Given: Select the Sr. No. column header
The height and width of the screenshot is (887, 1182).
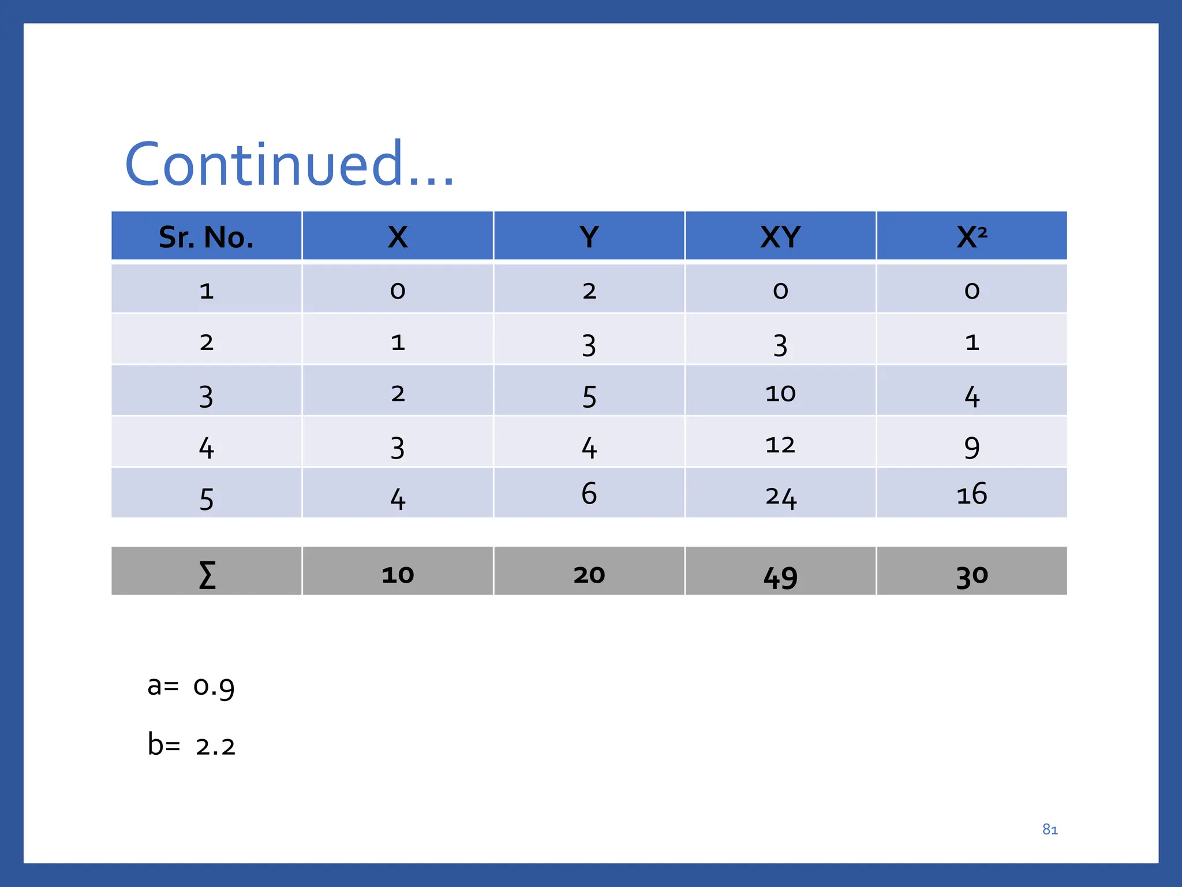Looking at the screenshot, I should click(x=206, y=237).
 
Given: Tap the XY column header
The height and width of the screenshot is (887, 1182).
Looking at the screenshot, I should click(x=780, y=237).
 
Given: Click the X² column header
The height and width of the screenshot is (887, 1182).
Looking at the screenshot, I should click(x=972, y=237).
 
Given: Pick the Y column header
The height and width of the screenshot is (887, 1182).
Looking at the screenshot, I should click(x=589, y=237).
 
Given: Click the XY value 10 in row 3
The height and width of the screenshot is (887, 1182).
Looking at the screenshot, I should click(x=780, y=394).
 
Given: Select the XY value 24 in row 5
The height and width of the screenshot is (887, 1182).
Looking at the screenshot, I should click(x=780, y=497).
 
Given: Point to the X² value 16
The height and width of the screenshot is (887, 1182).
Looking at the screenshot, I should click(x=972, y=494).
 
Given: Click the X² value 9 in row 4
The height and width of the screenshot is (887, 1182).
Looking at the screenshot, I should click(x=972, y=447).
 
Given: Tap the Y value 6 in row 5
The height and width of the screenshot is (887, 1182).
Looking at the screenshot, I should click(x=589, y=493).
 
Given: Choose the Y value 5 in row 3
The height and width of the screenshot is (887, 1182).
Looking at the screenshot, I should click(x=589, y=396).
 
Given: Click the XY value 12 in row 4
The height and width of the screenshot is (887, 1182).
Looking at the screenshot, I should click(x=780, y=445).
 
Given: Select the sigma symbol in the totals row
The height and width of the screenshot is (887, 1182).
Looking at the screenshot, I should click(x=207, y=575).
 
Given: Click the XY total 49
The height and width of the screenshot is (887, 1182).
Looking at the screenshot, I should click(x=780, y=576).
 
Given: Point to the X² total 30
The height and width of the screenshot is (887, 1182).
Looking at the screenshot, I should click(x=972, y=576).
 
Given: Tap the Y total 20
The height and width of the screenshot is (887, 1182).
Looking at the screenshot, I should click(x=589, y=575).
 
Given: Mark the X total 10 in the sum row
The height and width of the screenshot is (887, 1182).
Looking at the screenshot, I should click(x=398, y=575).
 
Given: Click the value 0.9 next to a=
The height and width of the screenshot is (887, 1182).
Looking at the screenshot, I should click(x=214, y=687).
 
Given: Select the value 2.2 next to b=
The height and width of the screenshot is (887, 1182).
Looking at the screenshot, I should click(x=215, y=747).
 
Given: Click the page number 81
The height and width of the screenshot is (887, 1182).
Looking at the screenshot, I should click(x=1050, y=830).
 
